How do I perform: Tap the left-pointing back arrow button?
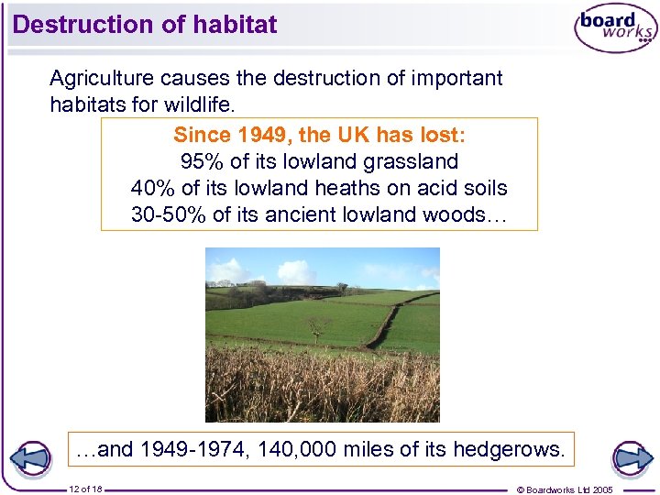pyautogui.click(x=34, y=457)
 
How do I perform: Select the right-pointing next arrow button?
pyautogui.click(x=632, y=457)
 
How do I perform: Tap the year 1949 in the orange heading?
pyautogui.click(x=265, y=135)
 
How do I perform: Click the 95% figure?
pyautogui.click(x=199, y=162)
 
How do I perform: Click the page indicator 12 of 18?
pyautogui.click(x=85, y=489)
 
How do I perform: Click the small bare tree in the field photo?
pyautogui.click(x=318, y=327)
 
